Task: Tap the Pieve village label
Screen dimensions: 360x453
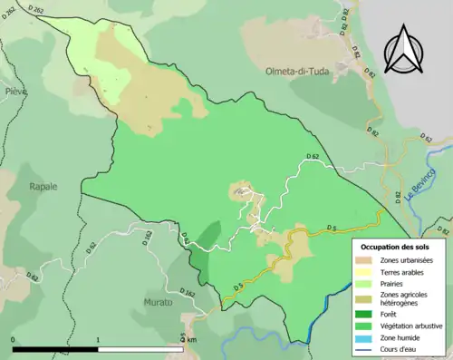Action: click(14, 92)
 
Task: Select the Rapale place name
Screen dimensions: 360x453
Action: click(42, 186)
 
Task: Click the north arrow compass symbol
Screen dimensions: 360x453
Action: click(406, 50)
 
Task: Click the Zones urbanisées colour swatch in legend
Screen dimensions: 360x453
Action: click(366, 261)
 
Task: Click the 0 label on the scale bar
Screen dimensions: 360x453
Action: click(14, 339)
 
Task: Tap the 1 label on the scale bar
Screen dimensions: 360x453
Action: click(98, 339)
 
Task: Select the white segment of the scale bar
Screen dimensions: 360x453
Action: click(140, 349)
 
